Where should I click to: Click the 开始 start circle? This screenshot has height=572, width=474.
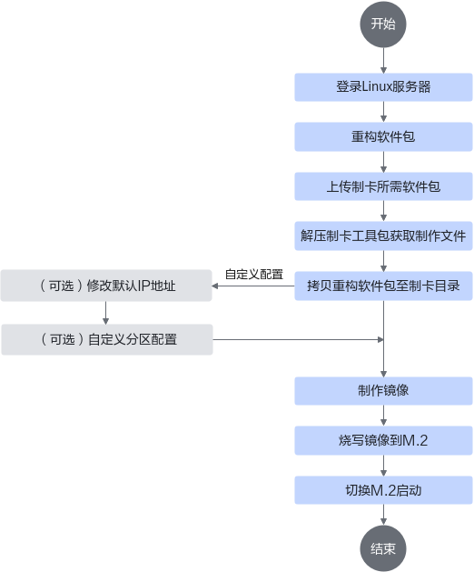coord(383,25)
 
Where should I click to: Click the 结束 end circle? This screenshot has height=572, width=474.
coord(383,548)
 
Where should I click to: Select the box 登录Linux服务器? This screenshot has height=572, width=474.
coord(383,87)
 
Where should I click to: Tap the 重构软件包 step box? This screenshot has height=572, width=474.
coord(383,136)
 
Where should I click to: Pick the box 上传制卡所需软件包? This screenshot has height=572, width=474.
coord(383,186)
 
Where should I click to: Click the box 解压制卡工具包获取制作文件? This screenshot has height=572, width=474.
coord(383,236)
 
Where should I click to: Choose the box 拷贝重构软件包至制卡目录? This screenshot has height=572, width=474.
coord(383,286)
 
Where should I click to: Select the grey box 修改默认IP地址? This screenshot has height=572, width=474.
coord(106,286)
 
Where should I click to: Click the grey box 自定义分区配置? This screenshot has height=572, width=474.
coord(107,339)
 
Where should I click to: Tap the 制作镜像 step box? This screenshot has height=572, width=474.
coord(383,391)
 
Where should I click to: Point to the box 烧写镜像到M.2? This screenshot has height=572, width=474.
coord(383,441)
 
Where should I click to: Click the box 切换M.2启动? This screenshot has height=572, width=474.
coord(383,490)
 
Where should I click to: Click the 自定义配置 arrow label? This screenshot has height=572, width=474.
coord(254,275)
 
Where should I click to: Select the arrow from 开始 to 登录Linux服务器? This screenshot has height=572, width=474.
coord(383,61)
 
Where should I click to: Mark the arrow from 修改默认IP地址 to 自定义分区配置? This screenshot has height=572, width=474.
coord(105,313)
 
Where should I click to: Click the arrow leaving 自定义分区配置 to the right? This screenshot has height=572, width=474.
coord(298,339)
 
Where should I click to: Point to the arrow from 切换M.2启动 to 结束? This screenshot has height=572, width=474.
coord(383,515)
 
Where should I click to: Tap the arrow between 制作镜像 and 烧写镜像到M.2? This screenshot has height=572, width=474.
coord(383,416)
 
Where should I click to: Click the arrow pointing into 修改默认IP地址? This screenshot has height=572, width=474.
coord(253,286)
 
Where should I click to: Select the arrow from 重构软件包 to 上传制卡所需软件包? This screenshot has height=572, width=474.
coord(383,162)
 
